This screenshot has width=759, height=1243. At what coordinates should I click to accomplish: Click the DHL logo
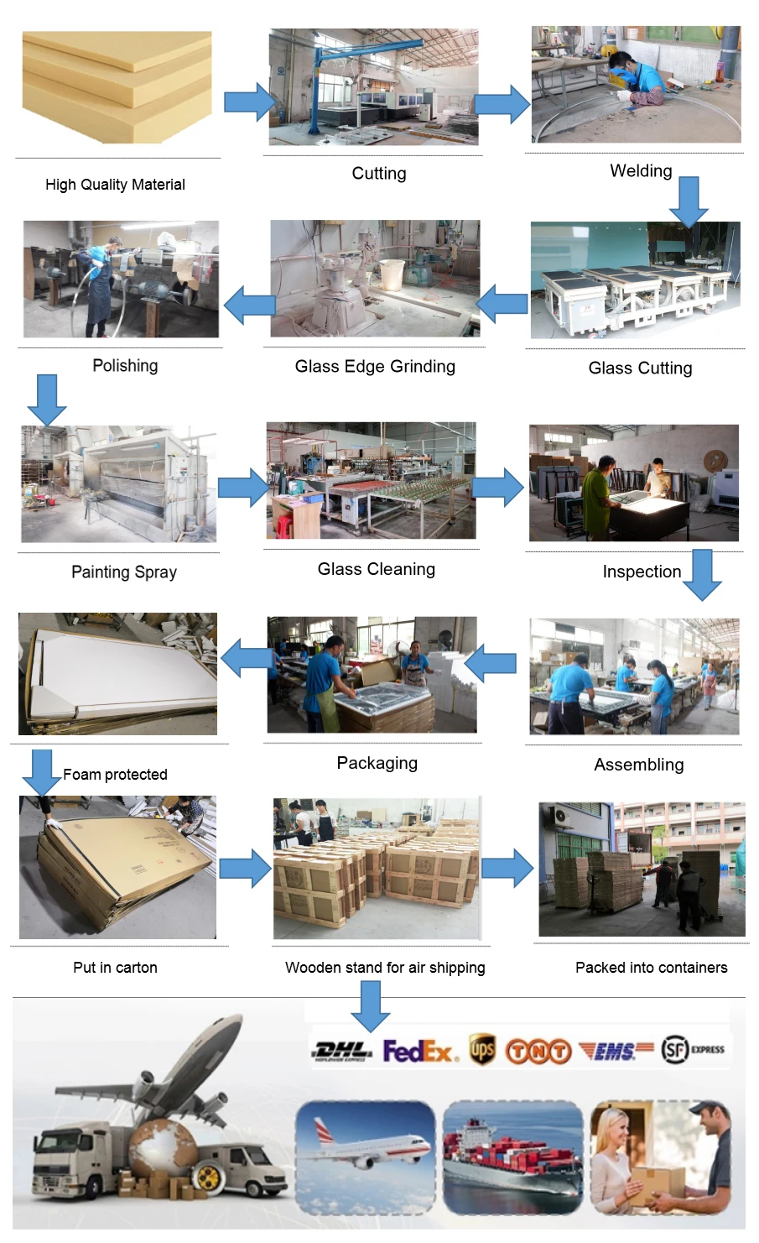click(x=341, y=1050)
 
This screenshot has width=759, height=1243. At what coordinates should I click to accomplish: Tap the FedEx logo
click(x=419, y=1051)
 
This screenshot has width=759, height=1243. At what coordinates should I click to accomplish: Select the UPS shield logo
click(x=481, y=1049)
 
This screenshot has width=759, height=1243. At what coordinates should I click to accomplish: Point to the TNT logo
click(x=538, y=1051)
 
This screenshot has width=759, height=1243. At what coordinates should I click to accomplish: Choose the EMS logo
click(x=616, y=1050)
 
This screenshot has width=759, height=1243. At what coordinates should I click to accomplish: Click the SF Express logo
click(x=692, y=1049)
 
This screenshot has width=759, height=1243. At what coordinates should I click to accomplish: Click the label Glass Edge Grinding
click(x=375, y=366)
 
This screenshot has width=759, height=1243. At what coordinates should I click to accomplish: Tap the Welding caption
click(x=641, y=171)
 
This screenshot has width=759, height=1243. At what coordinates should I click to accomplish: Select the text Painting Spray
click(x=124, y=572)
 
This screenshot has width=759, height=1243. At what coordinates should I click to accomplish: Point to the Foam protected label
click(x=115, y=774)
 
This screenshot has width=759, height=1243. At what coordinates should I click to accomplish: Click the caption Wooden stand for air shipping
click(x=385, y=967)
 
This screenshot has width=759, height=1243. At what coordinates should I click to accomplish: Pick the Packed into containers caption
click(x=651, y=967)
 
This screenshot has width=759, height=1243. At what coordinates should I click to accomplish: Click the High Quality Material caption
click(x=115, y=185)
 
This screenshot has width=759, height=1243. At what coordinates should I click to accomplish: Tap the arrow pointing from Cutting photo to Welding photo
click(x=503, y=104)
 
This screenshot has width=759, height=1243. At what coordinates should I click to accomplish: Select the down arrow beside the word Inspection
click(x=702, y=574)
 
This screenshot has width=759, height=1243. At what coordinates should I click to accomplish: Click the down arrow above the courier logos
click(x=370, y=1005)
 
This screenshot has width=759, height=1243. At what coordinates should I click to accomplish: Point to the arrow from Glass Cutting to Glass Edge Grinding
click(x=502, y=303)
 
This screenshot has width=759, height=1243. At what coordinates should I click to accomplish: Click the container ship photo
click(x=512, y=1157)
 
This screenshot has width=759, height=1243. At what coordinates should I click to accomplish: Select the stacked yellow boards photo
click(x=117, y=86)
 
